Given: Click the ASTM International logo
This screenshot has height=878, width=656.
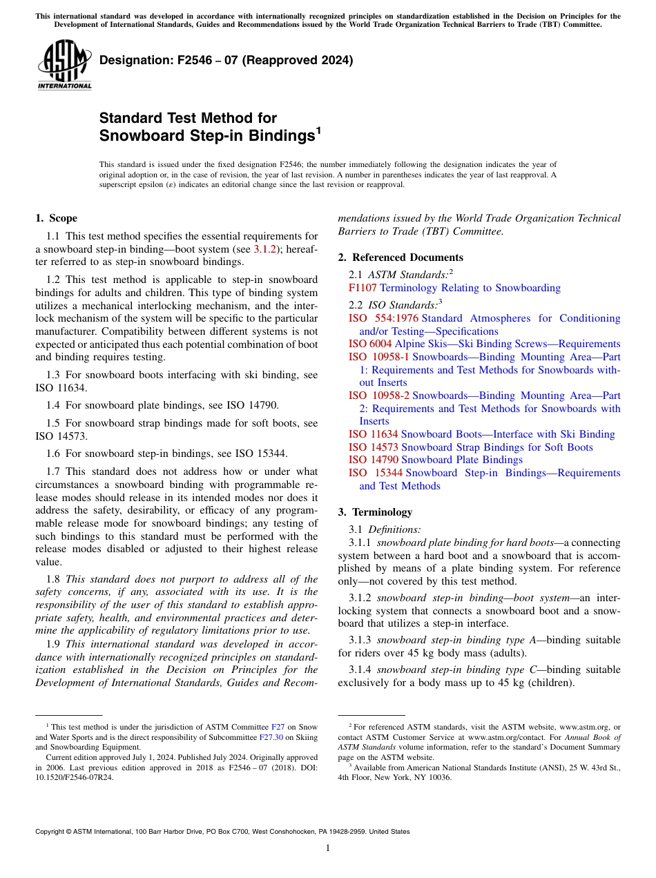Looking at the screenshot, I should (64, 66).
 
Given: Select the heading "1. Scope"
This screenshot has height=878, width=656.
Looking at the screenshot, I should (56, 219).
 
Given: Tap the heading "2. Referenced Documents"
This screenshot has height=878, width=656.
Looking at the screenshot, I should (401, 257).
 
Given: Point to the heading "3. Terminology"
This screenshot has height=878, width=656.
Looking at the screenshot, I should (375, 512).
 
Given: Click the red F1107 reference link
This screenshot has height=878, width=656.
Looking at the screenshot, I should (363, 288).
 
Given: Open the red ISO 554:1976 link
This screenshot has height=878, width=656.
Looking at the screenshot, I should (383, 318).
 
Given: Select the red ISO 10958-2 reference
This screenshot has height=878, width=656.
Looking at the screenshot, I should (378, 396).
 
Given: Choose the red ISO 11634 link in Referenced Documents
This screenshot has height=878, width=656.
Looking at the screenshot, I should (373, 434).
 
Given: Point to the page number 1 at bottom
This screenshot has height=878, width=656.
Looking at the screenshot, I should (327, 848).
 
